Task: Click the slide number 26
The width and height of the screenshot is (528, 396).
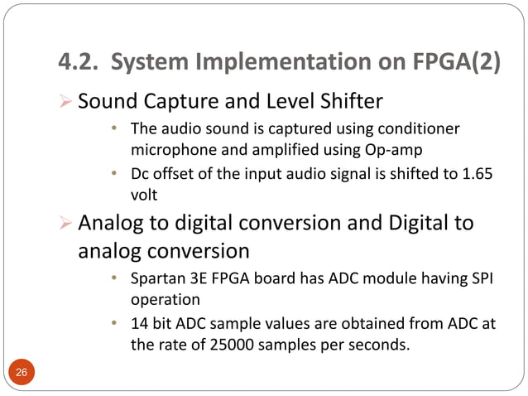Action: [x=22, y=374]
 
